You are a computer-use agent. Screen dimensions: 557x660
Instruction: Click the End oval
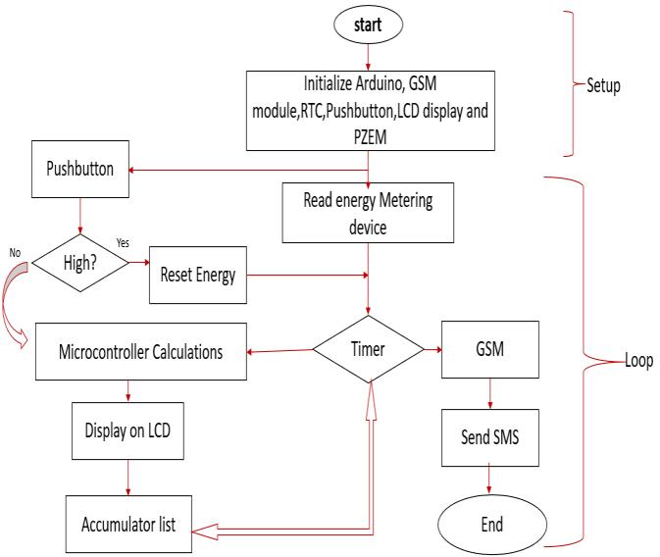click(x=490, y=524)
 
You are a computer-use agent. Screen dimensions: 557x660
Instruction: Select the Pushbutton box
click(x=81, y=168)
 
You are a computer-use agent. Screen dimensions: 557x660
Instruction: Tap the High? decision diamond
click(x=81, y=261)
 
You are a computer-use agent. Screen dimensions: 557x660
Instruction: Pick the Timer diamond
click(x=369, y=348)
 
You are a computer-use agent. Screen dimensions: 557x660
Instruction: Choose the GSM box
click(x=489, y=348)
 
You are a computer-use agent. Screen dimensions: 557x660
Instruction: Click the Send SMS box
click(x=490, y=436)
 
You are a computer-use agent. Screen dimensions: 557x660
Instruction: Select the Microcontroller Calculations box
click(x=139, y=351)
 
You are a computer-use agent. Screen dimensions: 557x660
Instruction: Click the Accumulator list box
click(x=127, y=522)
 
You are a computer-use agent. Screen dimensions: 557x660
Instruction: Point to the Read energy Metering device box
click(x=369, y=213)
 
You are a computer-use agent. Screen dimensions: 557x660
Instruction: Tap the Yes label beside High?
click(x=124, y=242)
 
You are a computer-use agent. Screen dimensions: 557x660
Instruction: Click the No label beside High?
click(x=14, y=252)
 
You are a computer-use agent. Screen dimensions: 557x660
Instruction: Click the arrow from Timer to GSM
click(x=434, y=348)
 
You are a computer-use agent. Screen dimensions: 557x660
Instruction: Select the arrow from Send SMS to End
click(x=490, y=479)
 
